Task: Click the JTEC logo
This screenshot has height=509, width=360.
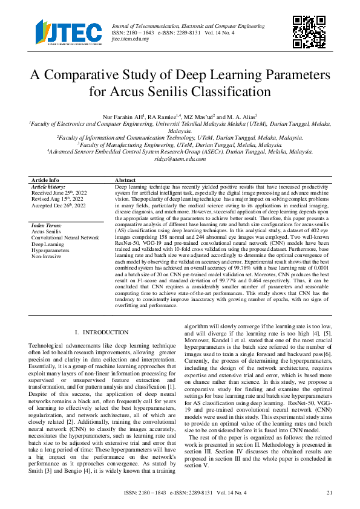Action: click(x=68, y=32)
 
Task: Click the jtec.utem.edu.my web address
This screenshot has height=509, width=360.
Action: click(x=131, y=37)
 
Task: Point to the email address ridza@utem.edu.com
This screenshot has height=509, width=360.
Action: click(x=180, y=158)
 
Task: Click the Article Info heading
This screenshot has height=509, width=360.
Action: click(x=45, y=180)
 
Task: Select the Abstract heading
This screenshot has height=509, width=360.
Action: click(x=125, y=180)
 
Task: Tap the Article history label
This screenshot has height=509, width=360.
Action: click(x=48, y=187)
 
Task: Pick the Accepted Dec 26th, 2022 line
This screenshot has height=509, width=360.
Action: click(x=59, y=206)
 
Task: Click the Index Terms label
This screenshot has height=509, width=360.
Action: click(x=46, y=225)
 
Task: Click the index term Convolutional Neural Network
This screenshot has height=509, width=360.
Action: click(x=65, y=237)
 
